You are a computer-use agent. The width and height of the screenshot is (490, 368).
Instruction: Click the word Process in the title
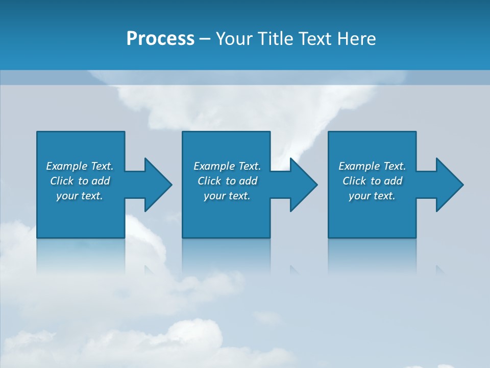(160, 39)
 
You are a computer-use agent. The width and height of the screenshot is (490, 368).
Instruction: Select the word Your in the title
(234, 39)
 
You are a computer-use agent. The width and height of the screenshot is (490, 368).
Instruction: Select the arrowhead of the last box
(449, 185)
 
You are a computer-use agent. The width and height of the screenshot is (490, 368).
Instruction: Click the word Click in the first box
(62, 181)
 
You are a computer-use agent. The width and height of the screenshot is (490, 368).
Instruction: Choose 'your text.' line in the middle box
(227, 196)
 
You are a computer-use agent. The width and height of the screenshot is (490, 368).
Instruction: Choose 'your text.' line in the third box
(372, 196)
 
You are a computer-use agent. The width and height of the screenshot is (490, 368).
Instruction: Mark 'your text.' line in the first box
(79, 196)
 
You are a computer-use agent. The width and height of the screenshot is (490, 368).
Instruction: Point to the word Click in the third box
(354, 181)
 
